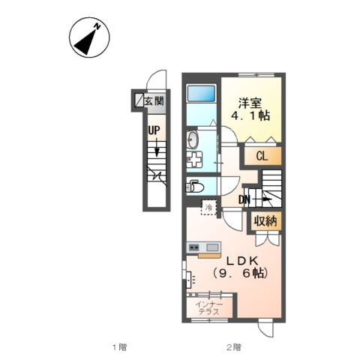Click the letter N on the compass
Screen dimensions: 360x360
pos(97,26)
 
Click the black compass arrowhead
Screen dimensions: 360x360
pos(85,43)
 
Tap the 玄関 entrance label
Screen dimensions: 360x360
pos(154,101)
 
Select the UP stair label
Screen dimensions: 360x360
pos(154,130)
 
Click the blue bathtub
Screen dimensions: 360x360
pos(202,93)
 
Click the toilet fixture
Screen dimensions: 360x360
pos(195,187)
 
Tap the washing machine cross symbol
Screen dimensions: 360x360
pos(195,159)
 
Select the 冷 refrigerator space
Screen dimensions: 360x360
pos(208,207)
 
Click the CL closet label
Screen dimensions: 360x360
pos(262,157)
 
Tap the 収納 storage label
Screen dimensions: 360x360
pos(265,221)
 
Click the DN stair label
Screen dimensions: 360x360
pos(244,199)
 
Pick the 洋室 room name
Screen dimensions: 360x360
pos(250,103)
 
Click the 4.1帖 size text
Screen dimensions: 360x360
pos(250,115)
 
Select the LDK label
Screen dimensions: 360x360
pos(242,261)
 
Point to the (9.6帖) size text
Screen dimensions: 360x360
pos(241,273)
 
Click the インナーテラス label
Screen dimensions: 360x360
pos(208,308)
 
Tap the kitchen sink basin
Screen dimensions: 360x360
pos(212,247)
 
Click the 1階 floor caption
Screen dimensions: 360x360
pos(119,347)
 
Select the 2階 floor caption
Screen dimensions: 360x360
pos(234,347)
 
